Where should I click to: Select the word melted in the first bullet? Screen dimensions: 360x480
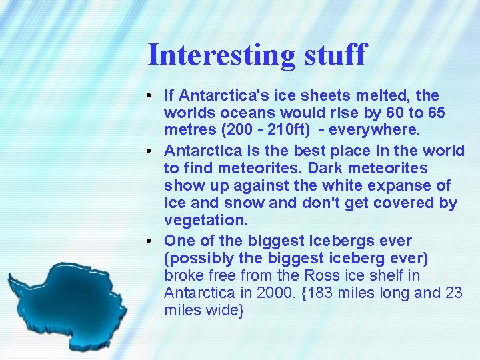(387, 97)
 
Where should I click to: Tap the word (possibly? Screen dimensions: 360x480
(196, 258)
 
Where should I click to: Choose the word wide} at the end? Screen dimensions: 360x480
(225, 311)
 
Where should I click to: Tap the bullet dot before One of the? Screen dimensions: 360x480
(153, 241)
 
